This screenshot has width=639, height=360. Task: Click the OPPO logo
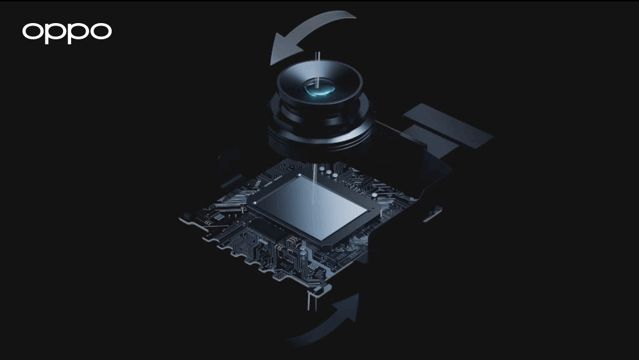pyautogui.click(x=67, y=32)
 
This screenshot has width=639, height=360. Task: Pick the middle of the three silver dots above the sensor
pyautogui.click(x=334, y=177)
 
